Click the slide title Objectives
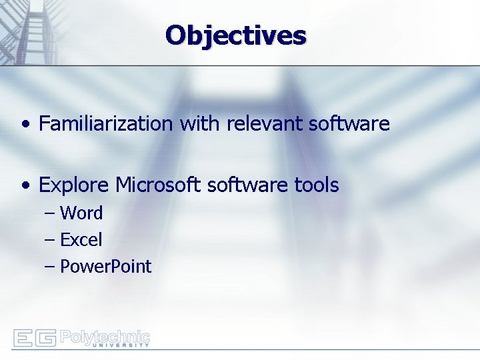(236, 35)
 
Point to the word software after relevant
(350, 124)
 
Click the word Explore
(74, 185)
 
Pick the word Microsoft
(159, 185)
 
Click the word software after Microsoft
(247, 185)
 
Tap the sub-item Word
(81, 214)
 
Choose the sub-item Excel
(81, 240)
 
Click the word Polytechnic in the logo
(105, 335)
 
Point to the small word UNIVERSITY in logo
(120, 345)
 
